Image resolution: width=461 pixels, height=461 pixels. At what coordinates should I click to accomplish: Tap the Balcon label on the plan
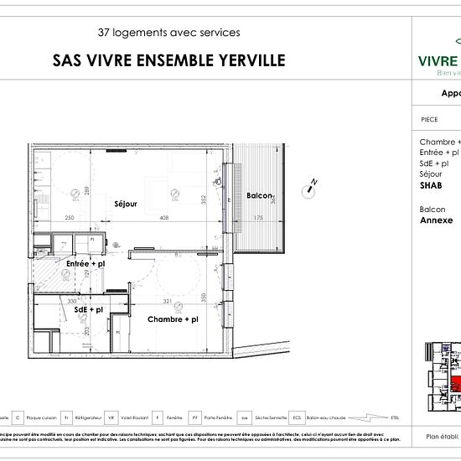(x=259, y=196)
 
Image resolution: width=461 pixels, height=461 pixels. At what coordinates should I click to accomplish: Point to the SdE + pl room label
(x=88, y=309)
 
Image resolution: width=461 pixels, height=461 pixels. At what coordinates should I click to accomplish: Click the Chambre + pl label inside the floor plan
(x=173, y=319)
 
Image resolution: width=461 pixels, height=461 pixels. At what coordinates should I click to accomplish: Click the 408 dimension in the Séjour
(x=164, y=218)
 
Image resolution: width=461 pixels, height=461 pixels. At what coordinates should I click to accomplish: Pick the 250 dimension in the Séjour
(x=70, y=218)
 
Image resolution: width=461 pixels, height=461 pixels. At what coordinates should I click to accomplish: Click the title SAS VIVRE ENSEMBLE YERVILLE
(x=168, y=60)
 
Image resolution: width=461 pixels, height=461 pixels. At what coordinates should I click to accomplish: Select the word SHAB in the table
(x=430, y=186)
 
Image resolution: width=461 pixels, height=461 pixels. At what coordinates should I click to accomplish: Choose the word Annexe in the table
(x=436, y=220)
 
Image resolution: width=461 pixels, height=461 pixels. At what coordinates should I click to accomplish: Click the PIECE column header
(x=428, y=120)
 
